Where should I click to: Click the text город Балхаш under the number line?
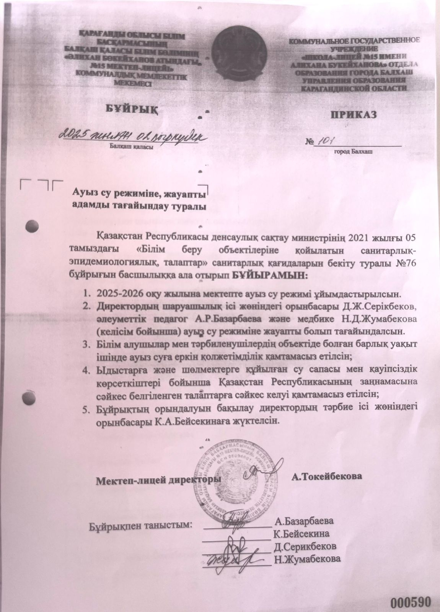[354, 151]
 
